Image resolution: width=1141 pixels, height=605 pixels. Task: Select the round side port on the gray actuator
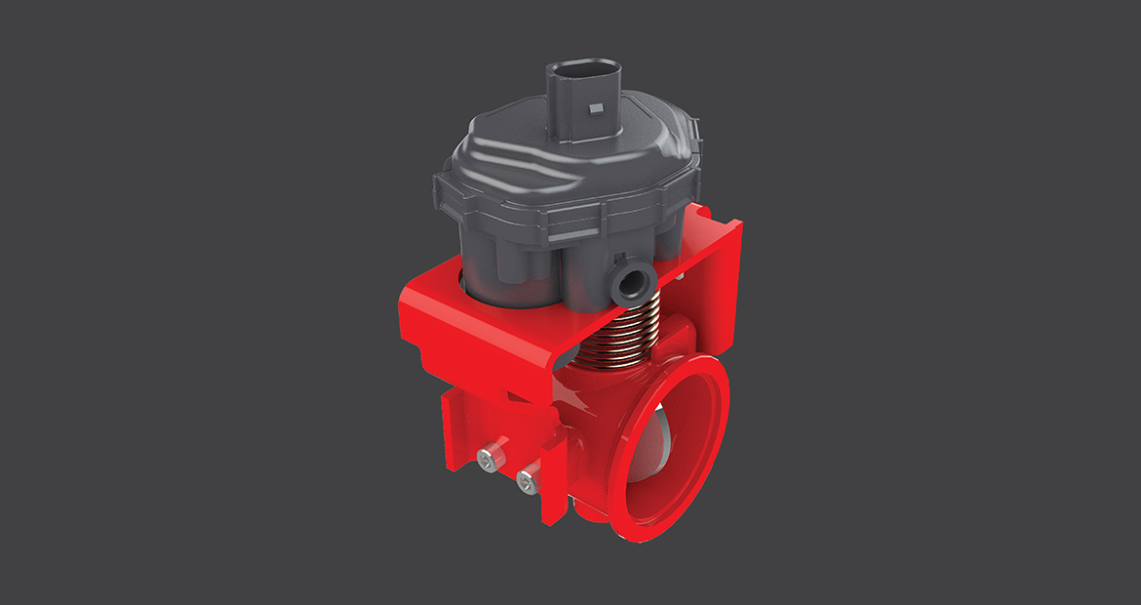[x=634, y=281]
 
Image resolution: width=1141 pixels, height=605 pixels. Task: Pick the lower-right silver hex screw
[x=527, y=479]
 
